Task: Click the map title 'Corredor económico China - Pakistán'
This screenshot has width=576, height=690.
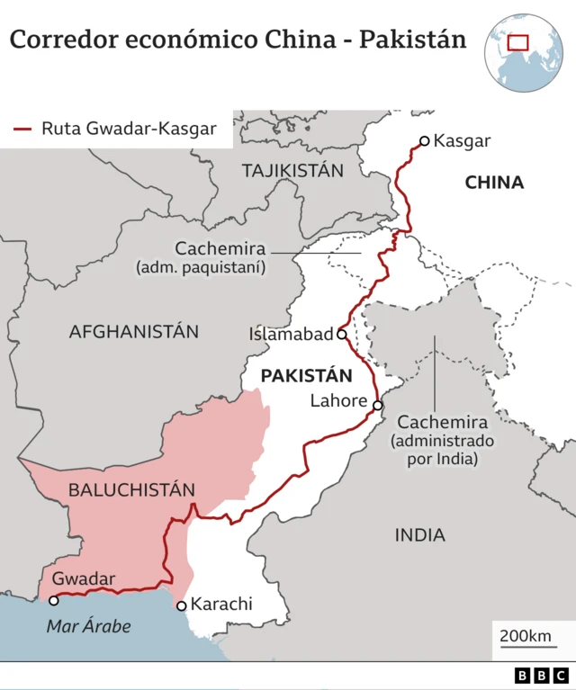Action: [238, 40]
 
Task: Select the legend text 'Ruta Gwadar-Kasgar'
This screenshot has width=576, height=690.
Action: [129, 129]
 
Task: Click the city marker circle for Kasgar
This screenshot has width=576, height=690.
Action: [424, 140]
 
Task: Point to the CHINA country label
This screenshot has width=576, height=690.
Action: [494, 183]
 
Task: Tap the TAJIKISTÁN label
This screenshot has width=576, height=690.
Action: [292, 170]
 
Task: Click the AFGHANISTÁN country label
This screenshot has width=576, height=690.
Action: [134, 331]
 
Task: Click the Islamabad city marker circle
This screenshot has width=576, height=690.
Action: [341, 334]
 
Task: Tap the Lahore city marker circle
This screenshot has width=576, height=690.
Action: [378, 405]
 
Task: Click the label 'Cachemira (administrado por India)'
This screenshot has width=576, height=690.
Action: [442, 440]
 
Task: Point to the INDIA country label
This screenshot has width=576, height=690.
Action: [419, 535]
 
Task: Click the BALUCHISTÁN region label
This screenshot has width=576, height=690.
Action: [131, 490]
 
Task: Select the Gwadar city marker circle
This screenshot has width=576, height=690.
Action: [54, 600]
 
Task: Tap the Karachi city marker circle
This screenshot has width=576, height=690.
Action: [182, 605]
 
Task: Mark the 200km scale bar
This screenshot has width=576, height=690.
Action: [526, 643]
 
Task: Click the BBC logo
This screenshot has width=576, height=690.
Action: [542, 676]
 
